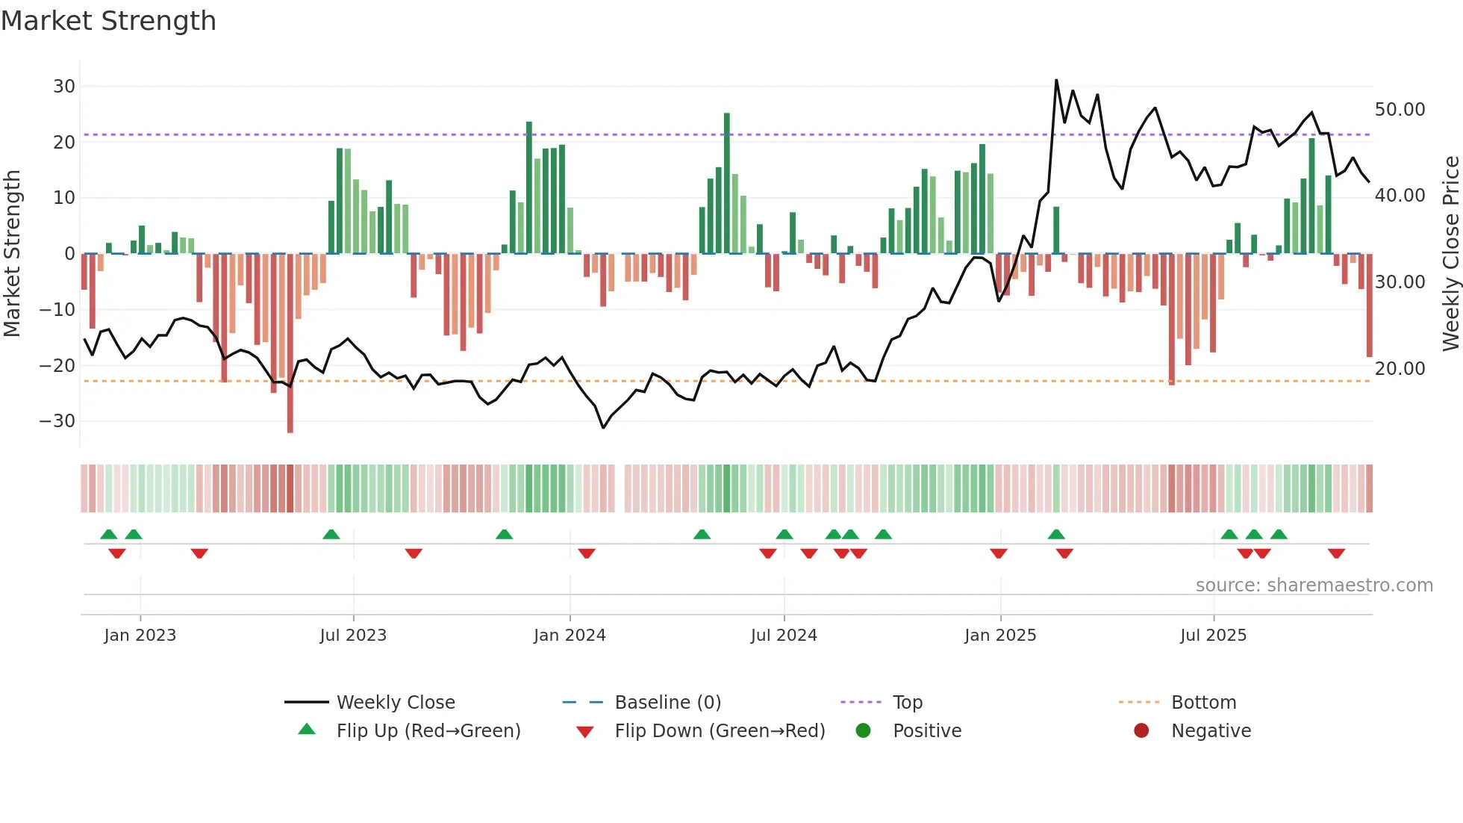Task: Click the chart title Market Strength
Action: [x=108, y=21]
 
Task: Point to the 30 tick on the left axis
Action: [x=64, y=86]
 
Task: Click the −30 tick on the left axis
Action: [x=57, y=421]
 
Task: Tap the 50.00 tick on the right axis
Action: [x=1400, y=110]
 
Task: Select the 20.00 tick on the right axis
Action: [x=1400, y=369]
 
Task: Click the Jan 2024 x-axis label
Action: [x=570, y=636]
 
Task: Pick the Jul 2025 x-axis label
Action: [x=1213, y=636]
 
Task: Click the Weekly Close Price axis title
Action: [x=1450, y=254]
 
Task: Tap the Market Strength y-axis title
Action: [x=12, y=254]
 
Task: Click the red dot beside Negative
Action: [x=1141, y=731]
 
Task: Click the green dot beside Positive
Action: [x=864, y=731]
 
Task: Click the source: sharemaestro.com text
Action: [x=1314, y=586]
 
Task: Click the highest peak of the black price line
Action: [x=1056, y=80]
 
